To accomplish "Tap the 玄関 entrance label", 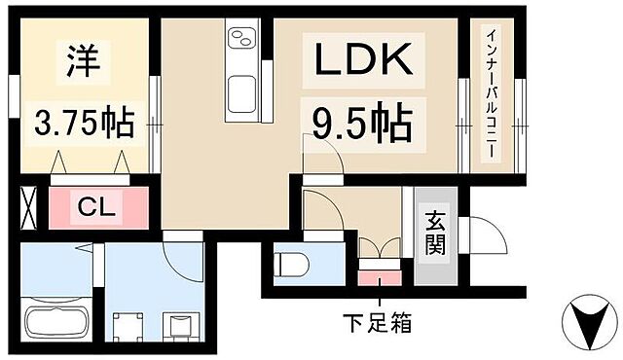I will coord(434,236).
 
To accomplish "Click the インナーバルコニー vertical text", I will coord(492,93).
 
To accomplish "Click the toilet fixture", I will coord(290,264).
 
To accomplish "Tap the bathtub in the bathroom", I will coord(55,323).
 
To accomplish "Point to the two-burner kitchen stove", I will coord(240,40).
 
